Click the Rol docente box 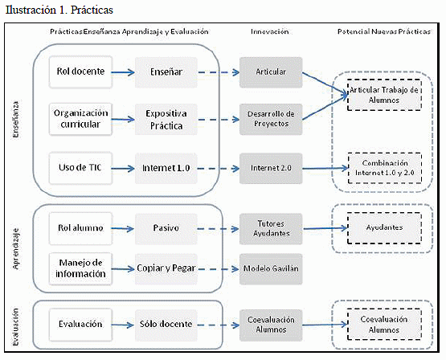click(x=80, y=72)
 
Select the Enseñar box click(x=166, y=72)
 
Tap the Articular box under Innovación click(x=271, y=72)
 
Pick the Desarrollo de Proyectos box click(x=271, y=119)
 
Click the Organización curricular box click(x=80, y=119)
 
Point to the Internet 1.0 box click(x=166, y=168)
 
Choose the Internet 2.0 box click(x=271, y=168)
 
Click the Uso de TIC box click(x=80, y=168)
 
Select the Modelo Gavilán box click(x=271, y=269)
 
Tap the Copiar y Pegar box click(x=166, y=269)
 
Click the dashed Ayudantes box click(x=384, y=227)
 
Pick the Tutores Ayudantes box click(x=271, y=229)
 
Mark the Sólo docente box click(x=166, y=325)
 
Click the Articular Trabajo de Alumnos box click(x=384, y=95)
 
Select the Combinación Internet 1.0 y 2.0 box click(x=385, y=168)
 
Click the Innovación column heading click(x=270, y=31)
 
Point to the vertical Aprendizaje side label click(x=15, y=248)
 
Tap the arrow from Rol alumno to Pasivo click(x=123, y=228)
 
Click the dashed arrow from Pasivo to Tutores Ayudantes click(x=218, y=229)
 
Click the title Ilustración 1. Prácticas click(x=59, y=10)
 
